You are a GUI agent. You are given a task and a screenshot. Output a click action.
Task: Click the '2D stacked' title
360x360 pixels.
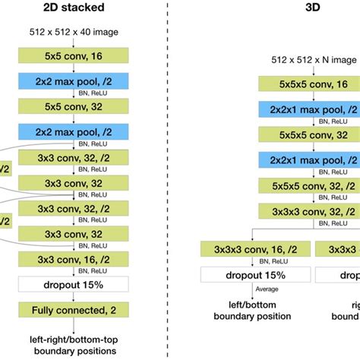73,10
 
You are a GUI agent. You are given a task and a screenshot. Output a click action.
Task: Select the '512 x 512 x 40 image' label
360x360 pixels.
74,31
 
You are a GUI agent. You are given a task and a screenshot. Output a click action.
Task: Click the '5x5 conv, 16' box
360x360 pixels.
74,55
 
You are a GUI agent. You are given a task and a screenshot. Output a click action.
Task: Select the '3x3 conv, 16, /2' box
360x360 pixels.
74,260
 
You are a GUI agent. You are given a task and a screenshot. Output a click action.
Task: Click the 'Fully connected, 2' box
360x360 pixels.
74,310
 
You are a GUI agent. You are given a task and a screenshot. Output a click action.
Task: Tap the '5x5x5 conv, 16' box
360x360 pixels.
308,84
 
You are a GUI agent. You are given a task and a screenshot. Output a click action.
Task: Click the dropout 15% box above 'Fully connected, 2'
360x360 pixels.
74,285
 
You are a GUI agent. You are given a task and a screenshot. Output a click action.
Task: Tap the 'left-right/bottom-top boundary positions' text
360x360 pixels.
74,345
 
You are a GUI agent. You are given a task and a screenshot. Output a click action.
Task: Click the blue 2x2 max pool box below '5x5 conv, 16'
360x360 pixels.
74,80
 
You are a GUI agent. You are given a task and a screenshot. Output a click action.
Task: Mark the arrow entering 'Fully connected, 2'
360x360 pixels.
74,298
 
